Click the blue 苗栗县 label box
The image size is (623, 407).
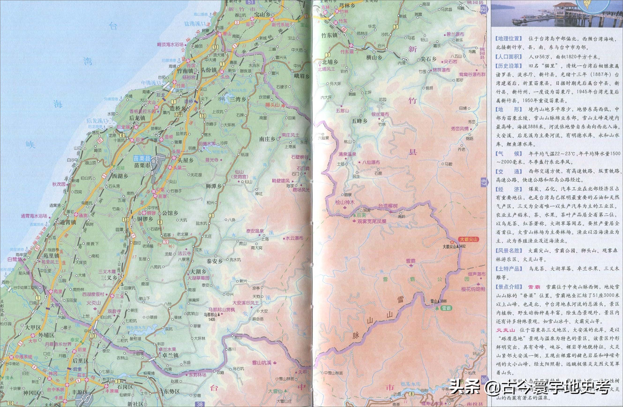pyautogui.click(x=142, y=158)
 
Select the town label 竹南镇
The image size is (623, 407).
pyautogui.click(x=185, y=71)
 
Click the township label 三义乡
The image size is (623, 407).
pyautogui.click(x=109, y=278)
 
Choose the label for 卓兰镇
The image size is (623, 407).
pyautogui.click(x=170, y=355)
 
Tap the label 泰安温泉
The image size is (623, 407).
pyautogui.click(x=255, y=231)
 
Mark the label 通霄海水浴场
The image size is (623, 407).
pyautogui.click(x=34, y=216)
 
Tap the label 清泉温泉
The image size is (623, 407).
pyautogui.click(x=347, y=154)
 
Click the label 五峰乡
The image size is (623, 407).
pyautogui.click(x=360, y=121)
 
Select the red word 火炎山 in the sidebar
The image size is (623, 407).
pyautogui.click(x=503, y=331)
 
